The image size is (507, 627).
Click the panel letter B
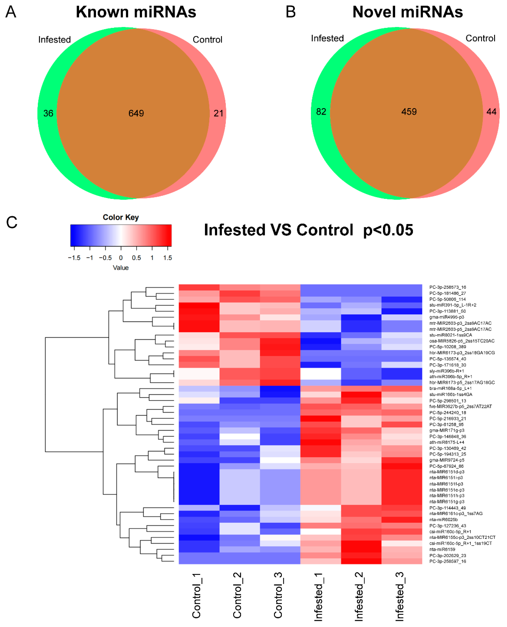click(291, 12)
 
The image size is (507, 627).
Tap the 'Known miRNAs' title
click(136, 12)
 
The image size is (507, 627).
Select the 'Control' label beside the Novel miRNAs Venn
click(480, 38)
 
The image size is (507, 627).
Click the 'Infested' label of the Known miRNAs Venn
click(55, 39)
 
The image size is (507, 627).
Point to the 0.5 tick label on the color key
click(136, 258)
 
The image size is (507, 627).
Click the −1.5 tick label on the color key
click(74, 258)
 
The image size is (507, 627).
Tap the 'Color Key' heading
click(121, 217)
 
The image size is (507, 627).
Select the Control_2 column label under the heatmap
click(237, 595)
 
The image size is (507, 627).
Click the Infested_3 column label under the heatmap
click(400, 596)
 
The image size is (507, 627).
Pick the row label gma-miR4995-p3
click(447, 317)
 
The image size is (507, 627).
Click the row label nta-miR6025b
click(443, 519)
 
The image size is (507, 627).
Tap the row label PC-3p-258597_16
click(447, 561)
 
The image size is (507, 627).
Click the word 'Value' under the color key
click(121, 268)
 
